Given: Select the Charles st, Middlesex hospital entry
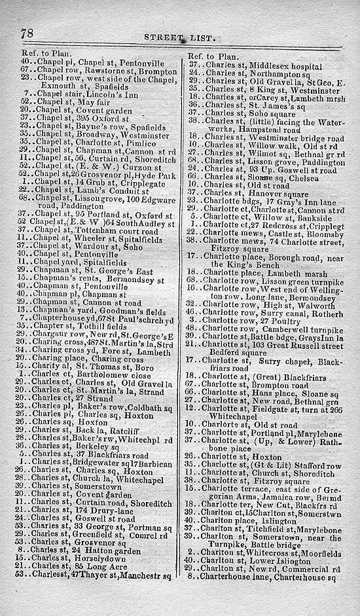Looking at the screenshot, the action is point(262,63).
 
